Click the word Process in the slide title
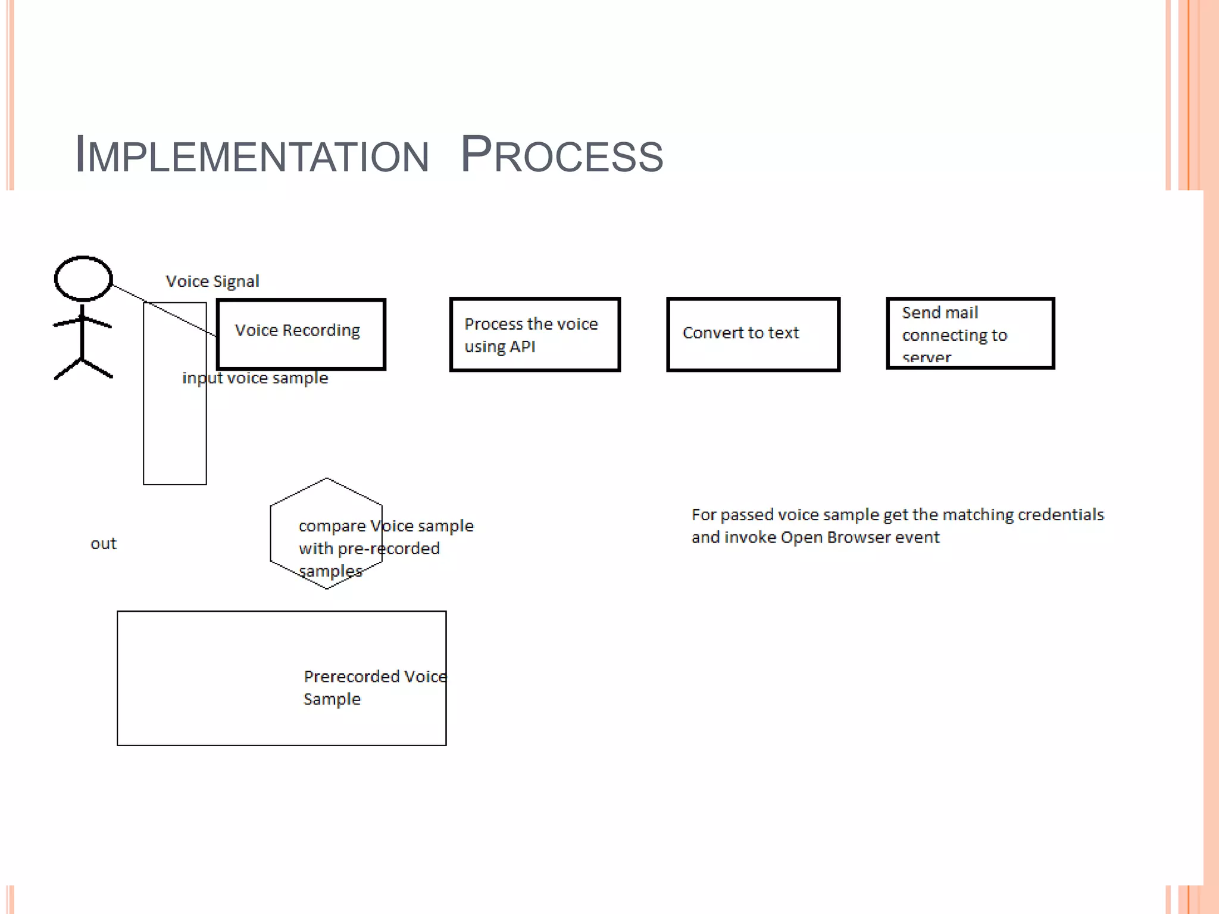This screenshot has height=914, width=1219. pyautogui.click(x=561, y=155)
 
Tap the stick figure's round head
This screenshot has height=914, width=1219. pyautogui.click(x=83, y=278)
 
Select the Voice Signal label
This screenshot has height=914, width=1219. pyautogui.click(x=212, y=281)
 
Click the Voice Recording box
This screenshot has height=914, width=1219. pyautogui.click(x=301, y=334)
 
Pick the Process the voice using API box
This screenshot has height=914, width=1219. pyautogui.click(x=535, y=334)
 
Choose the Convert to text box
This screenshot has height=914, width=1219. pyautogui.click(x=753, y=334)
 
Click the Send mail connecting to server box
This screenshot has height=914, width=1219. pyautogui.click(x=970, y=334)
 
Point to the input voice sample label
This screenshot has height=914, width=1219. pyautogui.click(x=255, y=378)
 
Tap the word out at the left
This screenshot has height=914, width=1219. pyautogui.click(x=104, y=544)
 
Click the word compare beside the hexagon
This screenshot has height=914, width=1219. pyautogui.click(x=332, y=526)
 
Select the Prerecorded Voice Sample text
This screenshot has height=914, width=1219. pyautogui.click(x=374, y=687)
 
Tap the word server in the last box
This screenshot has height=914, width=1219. pyautogui.click(x=927, y=358)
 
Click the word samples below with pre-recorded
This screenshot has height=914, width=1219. pyautogui.click(x=330, y=571)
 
